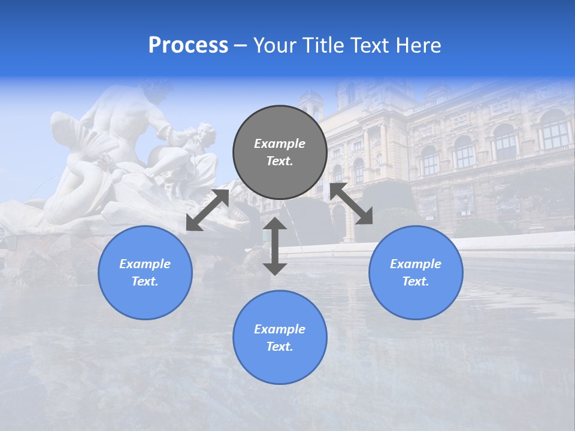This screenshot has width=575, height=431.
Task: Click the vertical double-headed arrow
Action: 275,246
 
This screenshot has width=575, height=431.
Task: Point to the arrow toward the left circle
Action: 207,210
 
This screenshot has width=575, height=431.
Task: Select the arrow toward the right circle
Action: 351,204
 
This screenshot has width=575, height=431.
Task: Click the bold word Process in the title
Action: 188,45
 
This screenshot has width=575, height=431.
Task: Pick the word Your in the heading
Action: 276,45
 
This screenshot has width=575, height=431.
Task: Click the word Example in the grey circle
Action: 280,144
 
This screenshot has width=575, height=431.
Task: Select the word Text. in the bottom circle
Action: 280,347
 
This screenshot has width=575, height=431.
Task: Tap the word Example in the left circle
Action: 145,264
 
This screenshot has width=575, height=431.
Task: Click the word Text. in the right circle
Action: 416,281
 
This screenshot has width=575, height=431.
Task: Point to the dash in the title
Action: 240,46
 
